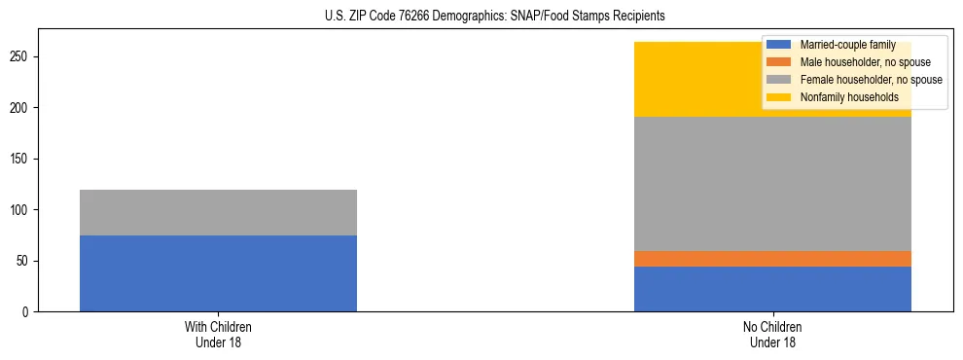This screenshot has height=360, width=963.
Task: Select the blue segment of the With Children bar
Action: pos(218,273)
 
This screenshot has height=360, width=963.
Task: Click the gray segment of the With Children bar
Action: pos(218,212)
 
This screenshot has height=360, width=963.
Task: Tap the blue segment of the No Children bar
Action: pos(772,289)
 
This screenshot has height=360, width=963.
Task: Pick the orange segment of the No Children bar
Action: pos(772,259)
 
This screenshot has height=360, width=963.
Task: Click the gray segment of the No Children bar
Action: pos(772,184)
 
